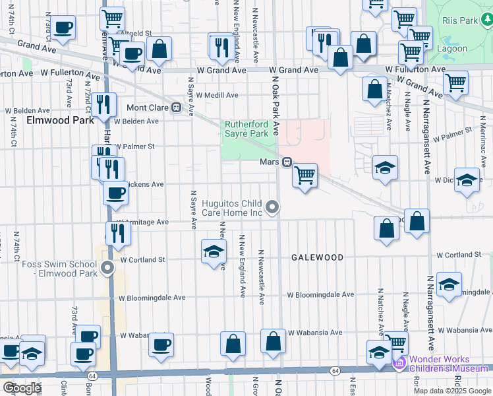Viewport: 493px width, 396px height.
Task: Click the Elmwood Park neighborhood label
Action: [x=60, y=120]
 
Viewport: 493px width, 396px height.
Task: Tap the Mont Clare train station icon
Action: [x=176, y=108]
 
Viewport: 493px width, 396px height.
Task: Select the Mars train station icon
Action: [x=287, y=162]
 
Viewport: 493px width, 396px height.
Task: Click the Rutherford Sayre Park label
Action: [x=246, y=129]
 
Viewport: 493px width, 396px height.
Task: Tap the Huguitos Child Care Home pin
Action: [x=272, y=208]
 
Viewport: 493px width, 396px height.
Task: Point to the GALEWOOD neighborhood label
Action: [x=318, y=257]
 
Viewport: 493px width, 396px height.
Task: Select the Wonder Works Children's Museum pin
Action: [x=398, y=362]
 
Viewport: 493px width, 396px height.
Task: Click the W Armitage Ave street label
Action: [x=142, y=222]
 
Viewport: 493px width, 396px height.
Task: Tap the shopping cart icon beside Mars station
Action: [x=304, y=176]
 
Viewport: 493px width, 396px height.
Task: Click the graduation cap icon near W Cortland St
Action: [x=214, y=251]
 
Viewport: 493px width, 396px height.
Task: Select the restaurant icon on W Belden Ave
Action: [x=103, y=104]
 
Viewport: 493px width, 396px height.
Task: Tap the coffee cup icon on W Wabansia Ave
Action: [x=161, y=344]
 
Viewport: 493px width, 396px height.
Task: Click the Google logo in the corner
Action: [x=22, y=388]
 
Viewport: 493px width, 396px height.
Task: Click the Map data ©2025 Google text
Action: [x=451, y=391]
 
